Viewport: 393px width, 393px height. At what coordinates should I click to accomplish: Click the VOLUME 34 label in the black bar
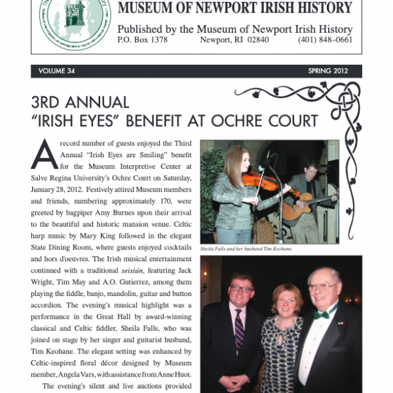(57, 71)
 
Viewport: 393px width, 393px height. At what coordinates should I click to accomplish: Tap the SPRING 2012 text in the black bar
(327, 71)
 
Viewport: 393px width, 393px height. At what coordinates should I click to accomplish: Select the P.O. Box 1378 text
(142, 40)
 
